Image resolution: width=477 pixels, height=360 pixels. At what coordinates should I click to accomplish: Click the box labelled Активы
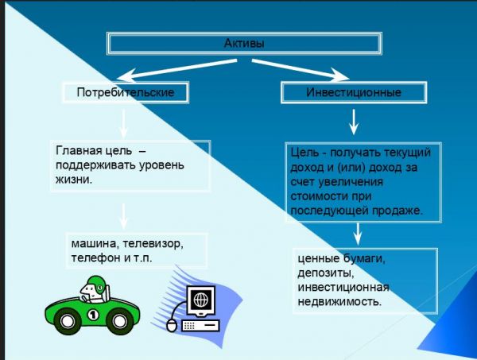(245, 43)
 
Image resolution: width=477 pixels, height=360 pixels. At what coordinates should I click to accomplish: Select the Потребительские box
(128, 93)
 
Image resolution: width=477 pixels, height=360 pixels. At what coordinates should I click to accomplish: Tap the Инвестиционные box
(354, 93)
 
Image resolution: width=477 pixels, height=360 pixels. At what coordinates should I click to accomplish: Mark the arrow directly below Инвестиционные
(355, 122)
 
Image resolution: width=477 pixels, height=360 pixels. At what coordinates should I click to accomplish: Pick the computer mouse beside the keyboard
(169, 325)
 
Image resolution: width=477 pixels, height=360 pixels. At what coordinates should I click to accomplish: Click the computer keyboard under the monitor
(202, 325)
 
